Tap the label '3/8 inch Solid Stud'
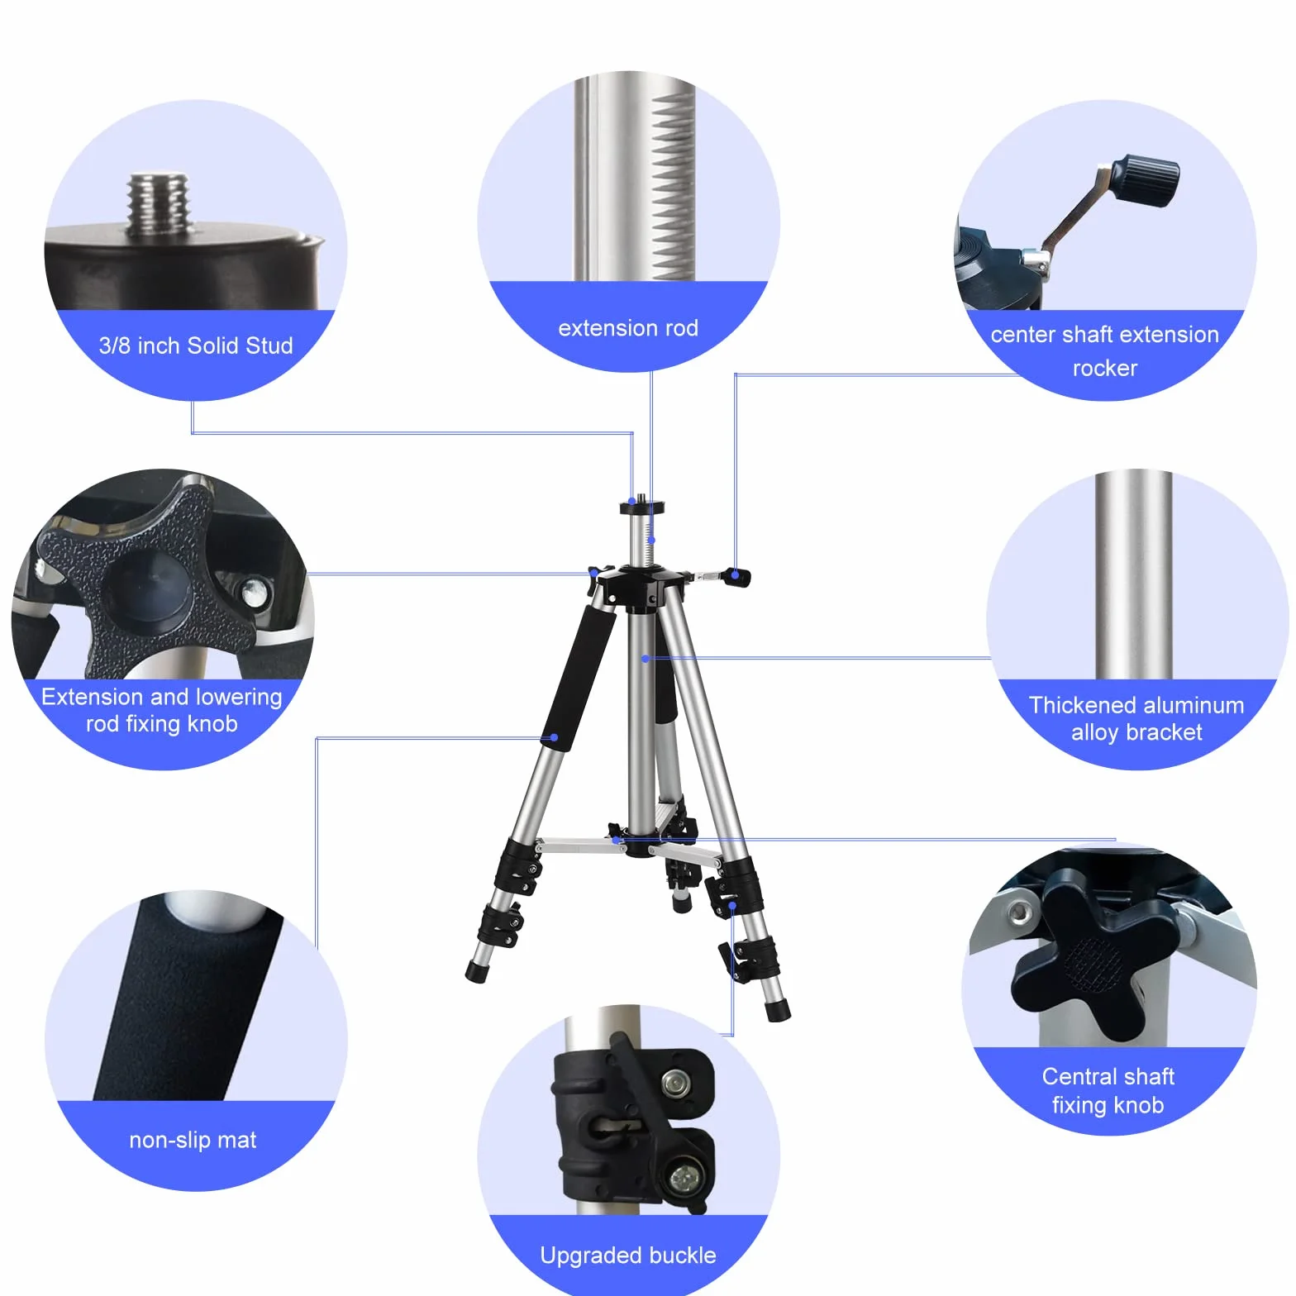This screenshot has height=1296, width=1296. [196, 345]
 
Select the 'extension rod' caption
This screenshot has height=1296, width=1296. [628, 328]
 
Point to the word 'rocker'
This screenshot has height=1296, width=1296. [1105, 368]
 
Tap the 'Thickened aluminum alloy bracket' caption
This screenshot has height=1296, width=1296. [1136, 718]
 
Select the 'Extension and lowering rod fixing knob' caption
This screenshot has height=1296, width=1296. [162, 710]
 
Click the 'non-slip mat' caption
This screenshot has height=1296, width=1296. [193, 1141]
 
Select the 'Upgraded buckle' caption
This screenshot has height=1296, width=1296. [628, 1255]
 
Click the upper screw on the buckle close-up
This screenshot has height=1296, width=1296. [676, 1082]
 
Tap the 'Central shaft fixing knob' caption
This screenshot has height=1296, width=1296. [1108, 1091]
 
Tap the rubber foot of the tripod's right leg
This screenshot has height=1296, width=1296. [778, 1010]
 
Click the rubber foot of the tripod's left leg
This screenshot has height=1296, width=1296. [476, 972]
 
